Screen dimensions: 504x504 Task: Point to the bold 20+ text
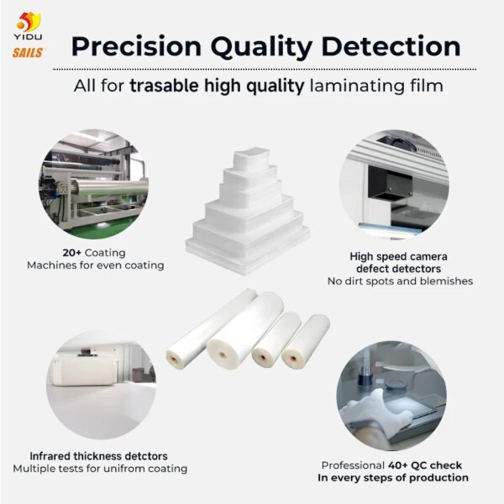(72, 252)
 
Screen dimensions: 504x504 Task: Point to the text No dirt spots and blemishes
(399, 281)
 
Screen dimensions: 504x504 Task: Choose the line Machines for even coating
(95, 265)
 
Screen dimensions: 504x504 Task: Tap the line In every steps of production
(392, 477)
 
